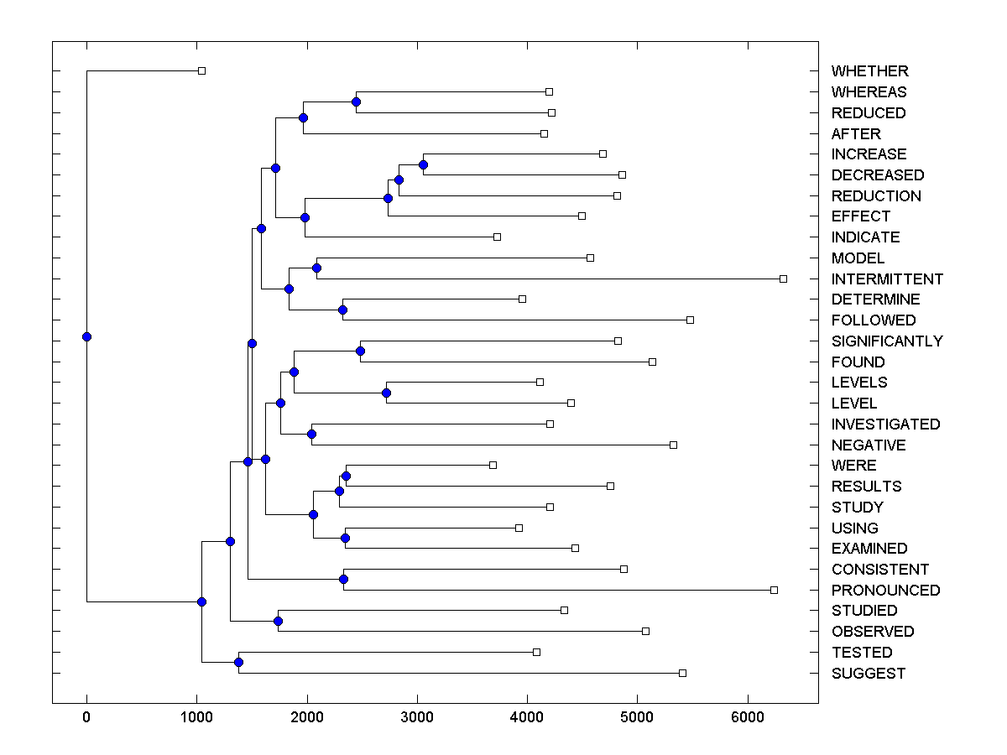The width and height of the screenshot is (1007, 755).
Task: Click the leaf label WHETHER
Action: click(869, 71)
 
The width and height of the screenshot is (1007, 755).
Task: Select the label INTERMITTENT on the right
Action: click(887, 279)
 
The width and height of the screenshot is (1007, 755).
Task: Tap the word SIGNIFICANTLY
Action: click(887, 341)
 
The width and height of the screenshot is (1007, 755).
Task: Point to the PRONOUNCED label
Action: click(885, 590)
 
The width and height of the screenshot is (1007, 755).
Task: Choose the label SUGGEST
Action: click(869, 673)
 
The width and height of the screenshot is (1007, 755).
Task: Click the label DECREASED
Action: click(877, 175)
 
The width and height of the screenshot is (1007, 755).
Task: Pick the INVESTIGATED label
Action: click(885, 424)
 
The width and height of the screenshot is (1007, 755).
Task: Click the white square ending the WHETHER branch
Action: click(201, 70)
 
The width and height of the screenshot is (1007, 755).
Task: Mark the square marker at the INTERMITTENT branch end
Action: click(783, 279)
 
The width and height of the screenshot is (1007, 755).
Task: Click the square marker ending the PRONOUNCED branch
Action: click(774, 590)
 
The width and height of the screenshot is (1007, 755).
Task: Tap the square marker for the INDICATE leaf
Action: click(497, 237)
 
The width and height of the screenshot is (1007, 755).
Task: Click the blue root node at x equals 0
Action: click(86, 336)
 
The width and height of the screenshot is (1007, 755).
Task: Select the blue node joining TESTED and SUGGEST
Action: click(238, 662)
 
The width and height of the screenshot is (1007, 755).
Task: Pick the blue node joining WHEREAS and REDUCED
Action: click(356, 102)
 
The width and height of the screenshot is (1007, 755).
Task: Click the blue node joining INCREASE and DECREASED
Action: click(423, 164)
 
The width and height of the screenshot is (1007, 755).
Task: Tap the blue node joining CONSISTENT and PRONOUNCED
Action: click(343, 579)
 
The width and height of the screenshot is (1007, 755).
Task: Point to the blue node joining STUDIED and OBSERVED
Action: click(278, 621)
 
